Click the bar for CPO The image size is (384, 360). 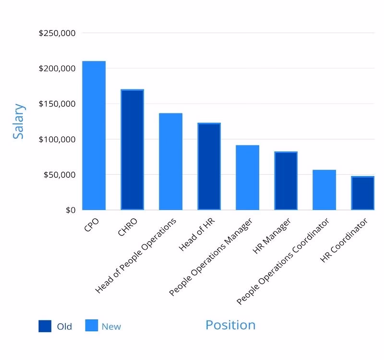click(x=94, y=135)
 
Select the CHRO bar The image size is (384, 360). click(x=132, y=149)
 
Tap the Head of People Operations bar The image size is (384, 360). click(x=171, y=161)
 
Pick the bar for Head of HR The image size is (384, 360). click(x=209, y=166)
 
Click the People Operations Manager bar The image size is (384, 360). click(x=247, y=177)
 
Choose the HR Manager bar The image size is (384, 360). click(x=286, y=180)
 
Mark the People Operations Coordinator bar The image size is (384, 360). click(x=324, y=190)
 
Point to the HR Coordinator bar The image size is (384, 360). click(x=362, y=193)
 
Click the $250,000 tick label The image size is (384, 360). click(x=57, y=33)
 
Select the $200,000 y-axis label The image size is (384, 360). click(x=57, y=69)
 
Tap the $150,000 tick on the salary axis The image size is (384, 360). click(x=57, y=104)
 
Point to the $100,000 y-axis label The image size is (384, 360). click(x=57, y=139)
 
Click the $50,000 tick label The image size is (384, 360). click(x=60, y=175)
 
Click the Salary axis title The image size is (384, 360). click(x=19, y=121)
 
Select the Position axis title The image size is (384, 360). click(x=230, y=325)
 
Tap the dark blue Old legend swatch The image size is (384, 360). click(x=45, y=326)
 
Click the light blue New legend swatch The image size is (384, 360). click(x=91, y=326)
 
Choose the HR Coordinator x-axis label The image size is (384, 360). click(x=345, y=240)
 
